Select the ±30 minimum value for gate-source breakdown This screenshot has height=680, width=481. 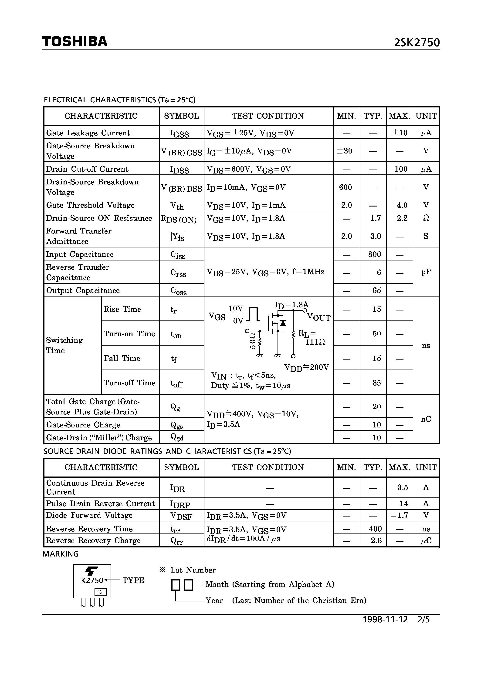[345, 151]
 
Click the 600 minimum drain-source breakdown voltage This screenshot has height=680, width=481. [346, 187]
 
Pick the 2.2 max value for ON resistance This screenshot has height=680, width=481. [402, 218]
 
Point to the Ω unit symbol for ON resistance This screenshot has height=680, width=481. [426, 218]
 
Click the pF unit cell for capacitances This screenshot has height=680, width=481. [426, 272]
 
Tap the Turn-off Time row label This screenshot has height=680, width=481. [130, 383]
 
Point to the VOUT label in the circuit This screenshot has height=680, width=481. [319, 318]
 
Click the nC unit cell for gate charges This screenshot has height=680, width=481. [426, 419]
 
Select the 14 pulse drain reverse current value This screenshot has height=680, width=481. [404, 503]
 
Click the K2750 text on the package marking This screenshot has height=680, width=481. [92, 580]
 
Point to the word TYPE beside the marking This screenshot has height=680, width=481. [133, 580]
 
